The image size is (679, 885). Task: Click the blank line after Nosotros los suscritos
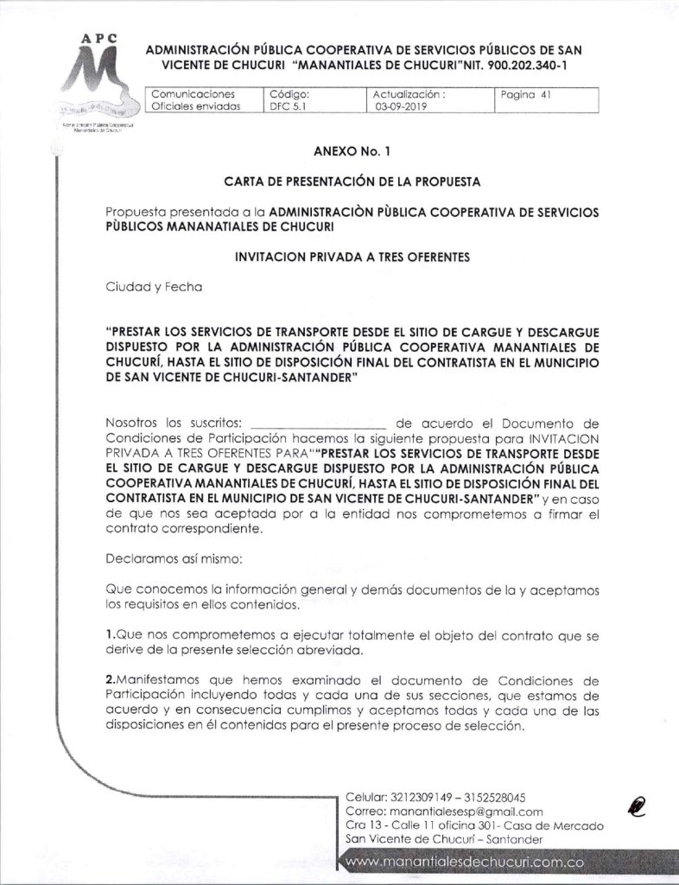[319, 425]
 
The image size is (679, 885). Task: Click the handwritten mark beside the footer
[638, 806]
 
